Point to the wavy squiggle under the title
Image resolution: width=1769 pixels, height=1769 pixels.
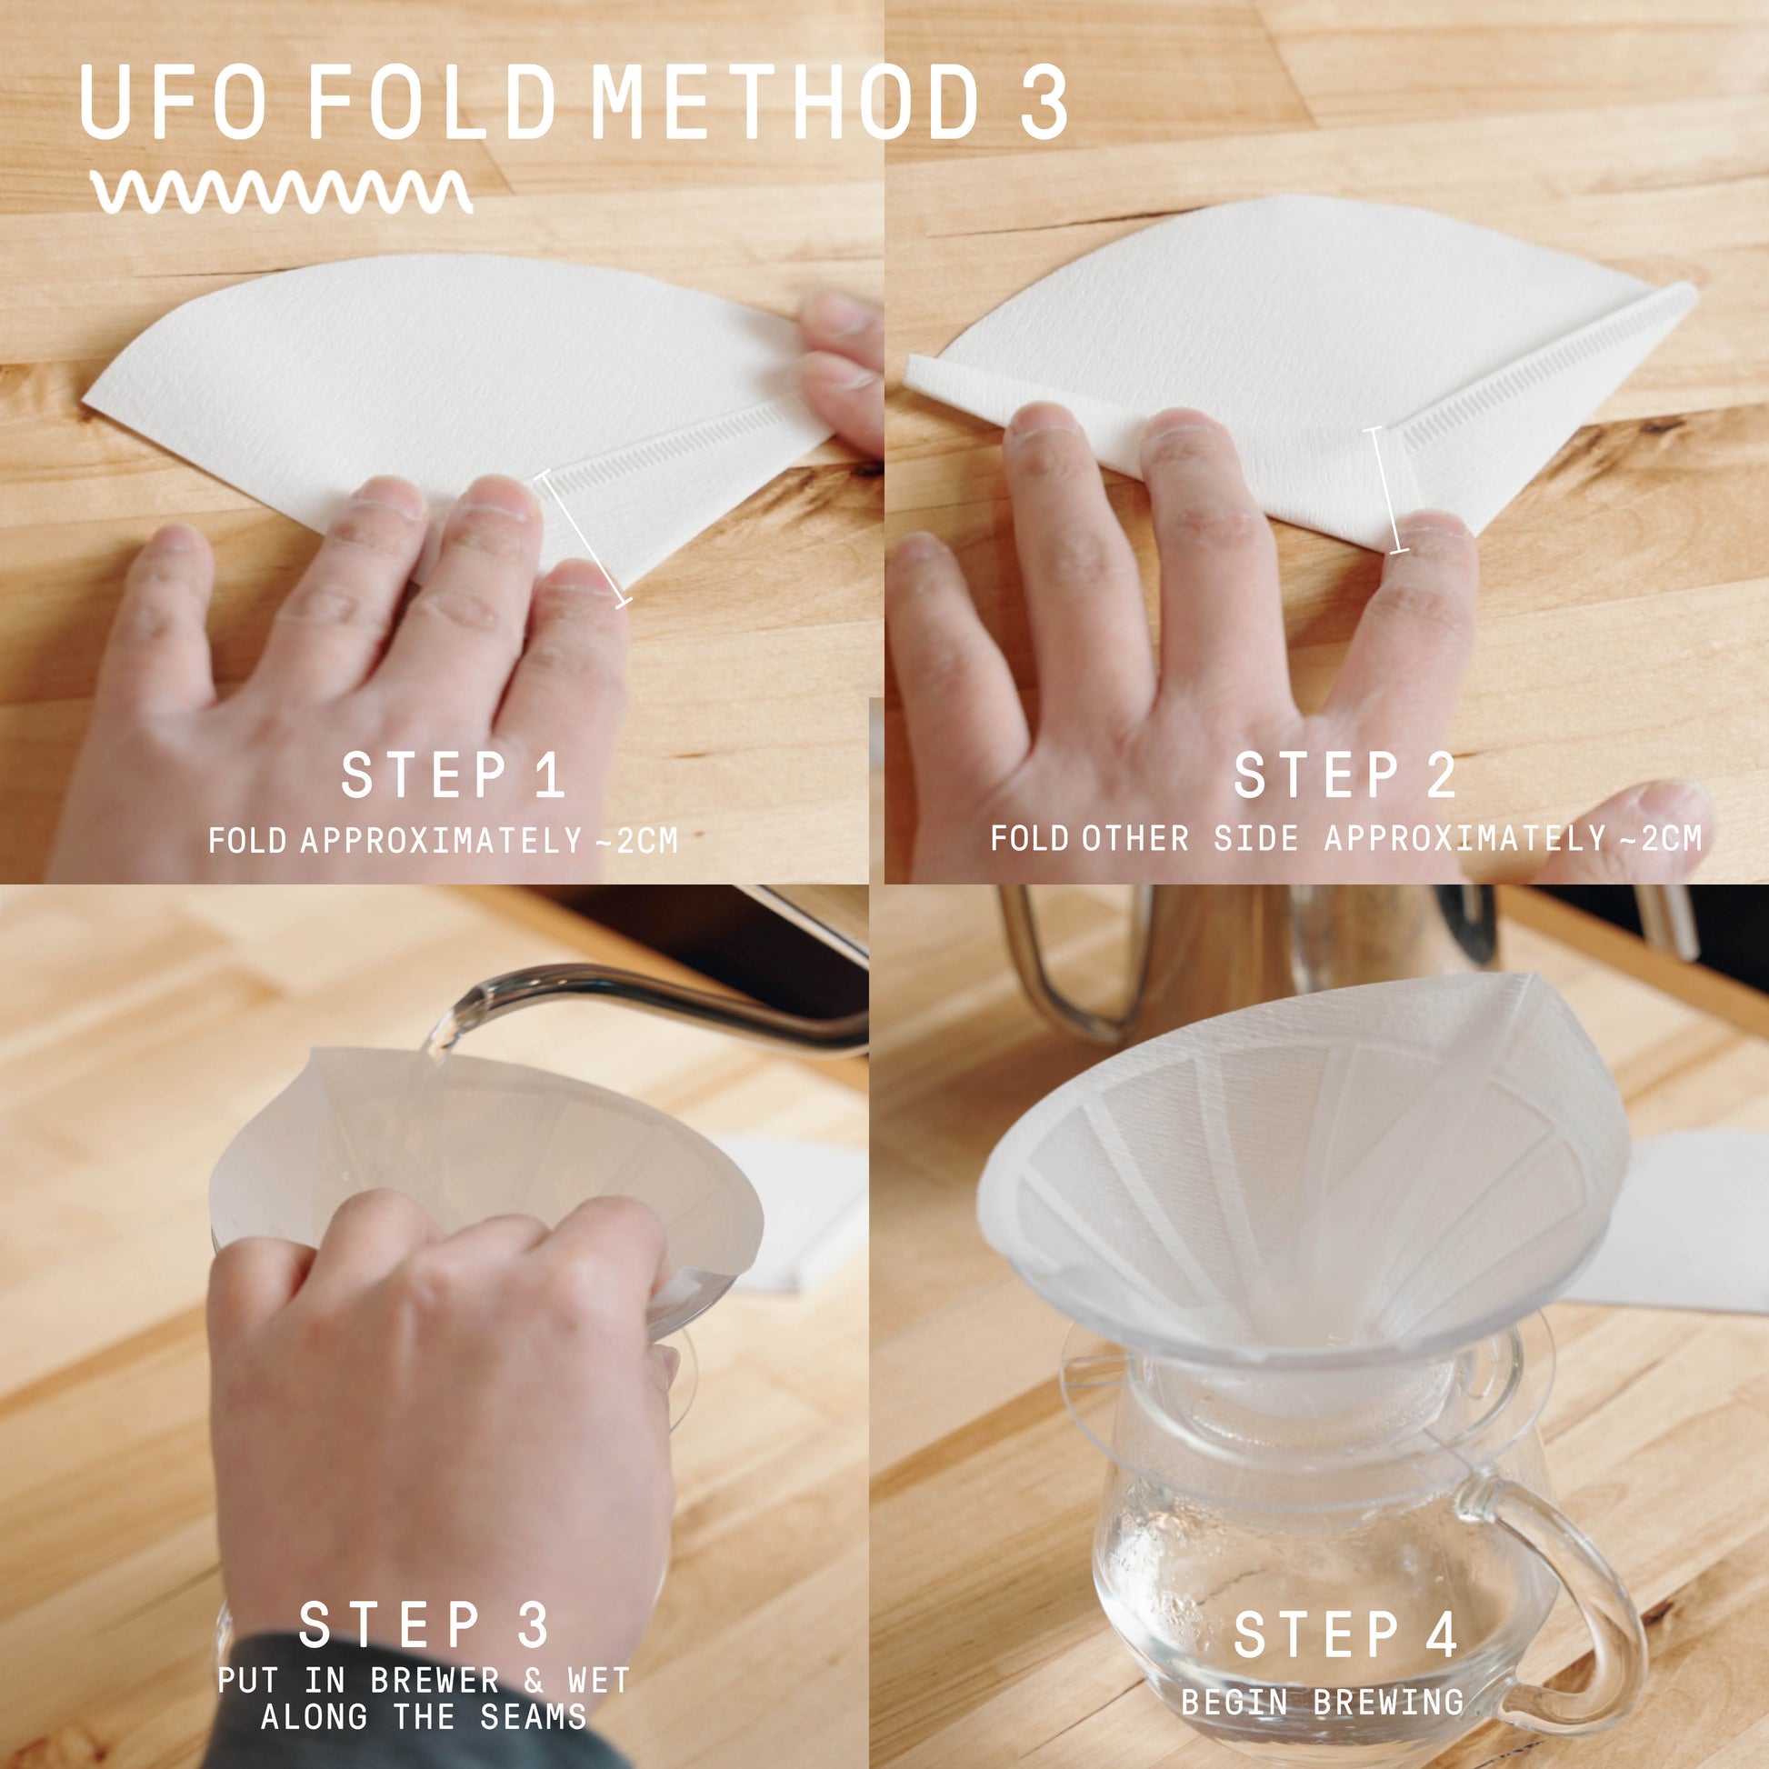(281, 192)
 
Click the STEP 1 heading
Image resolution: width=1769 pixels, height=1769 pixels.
(453, 775)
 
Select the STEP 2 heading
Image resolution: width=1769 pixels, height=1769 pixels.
(1345, 775)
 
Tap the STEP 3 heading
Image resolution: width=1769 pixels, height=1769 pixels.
(425, 1624)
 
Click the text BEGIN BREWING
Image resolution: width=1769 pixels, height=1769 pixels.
(1322, 1701)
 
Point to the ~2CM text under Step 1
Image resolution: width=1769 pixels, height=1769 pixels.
(635, 841)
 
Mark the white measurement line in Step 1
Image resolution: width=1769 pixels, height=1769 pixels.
(584, 536)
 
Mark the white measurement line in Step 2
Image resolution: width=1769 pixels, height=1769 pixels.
(1386, 490)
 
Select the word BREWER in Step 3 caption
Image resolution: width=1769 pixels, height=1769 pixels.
(435, 1680)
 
